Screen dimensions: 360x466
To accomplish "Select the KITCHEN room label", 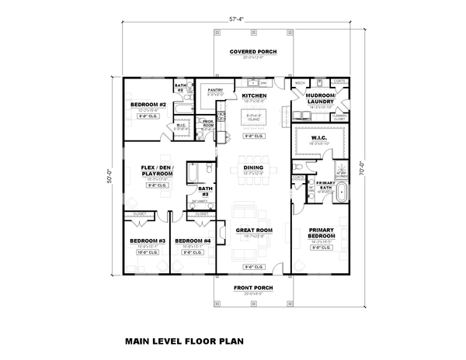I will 254,95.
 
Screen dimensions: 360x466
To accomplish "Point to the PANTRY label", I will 215,90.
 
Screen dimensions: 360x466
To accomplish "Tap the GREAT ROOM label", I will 253,230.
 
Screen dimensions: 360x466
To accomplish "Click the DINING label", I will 254,167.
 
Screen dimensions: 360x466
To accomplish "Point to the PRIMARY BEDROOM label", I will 321,233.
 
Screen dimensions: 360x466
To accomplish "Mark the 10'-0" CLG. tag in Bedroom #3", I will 146,252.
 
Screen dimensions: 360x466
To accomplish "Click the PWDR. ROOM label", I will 207,123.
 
